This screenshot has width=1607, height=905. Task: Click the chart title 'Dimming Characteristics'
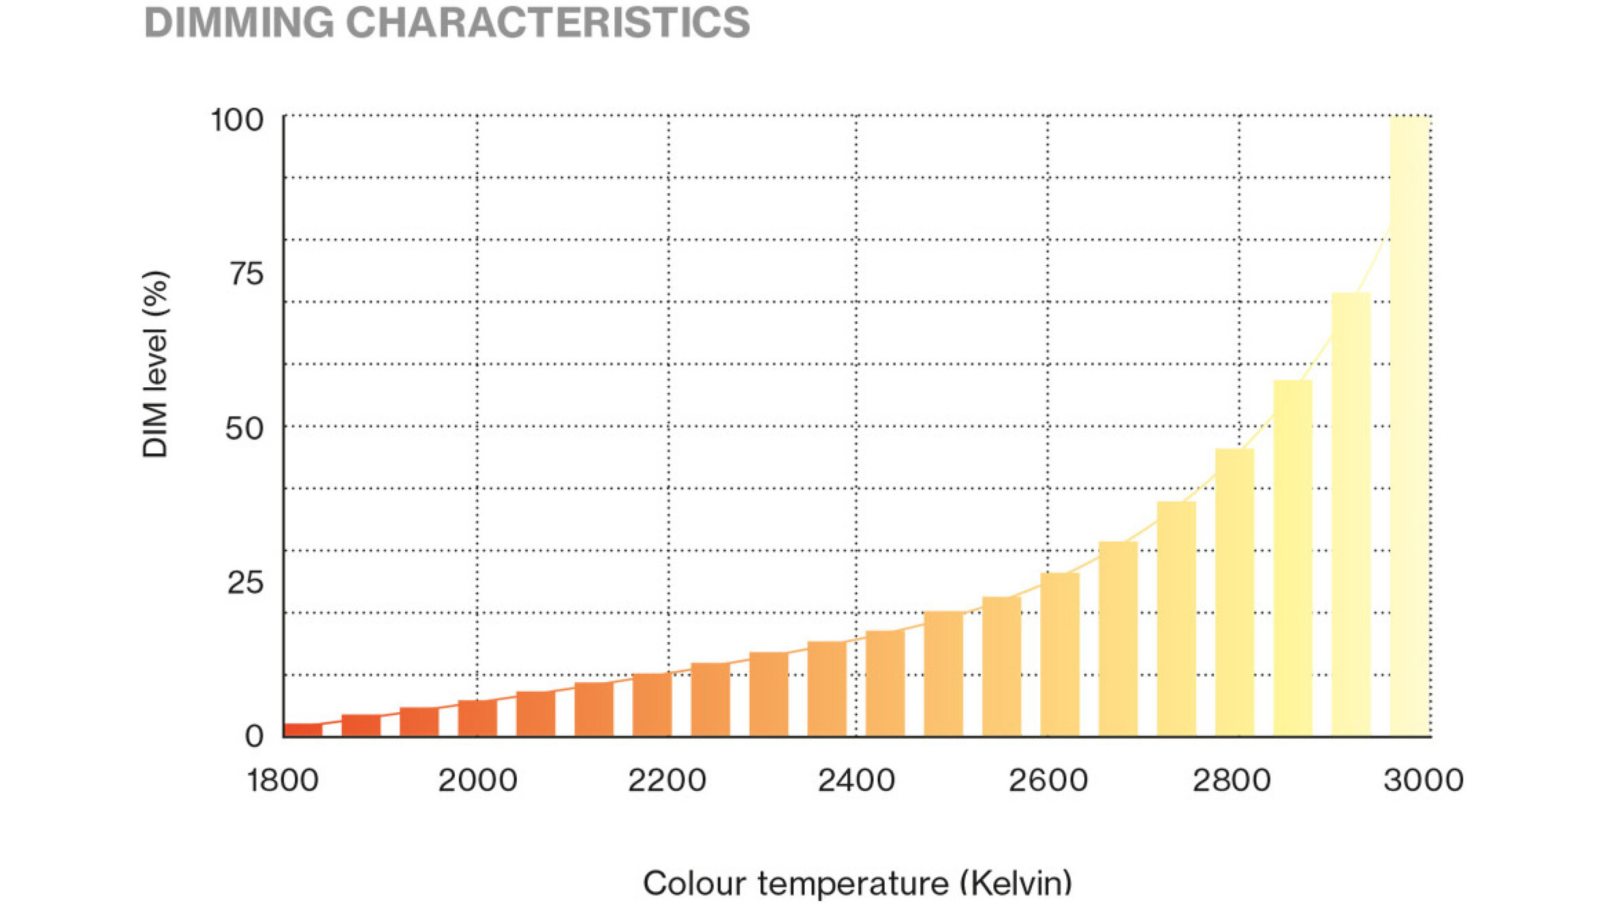coord(447,22)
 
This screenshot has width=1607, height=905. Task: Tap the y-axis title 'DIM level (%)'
coord(155,364)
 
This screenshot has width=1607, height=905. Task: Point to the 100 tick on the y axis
coord(237,120)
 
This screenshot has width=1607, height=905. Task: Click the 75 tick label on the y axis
coord(246,274)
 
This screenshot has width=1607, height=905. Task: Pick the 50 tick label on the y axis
coord(244,429)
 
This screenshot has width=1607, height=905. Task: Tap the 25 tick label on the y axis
coord(245,583)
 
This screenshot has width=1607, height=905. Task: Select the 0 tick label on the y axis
coord(254,737)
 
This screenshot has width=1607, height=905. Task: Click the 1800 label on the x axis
coord(283,781)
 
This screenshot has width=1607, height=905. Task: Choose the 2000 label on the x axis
coord(477,781)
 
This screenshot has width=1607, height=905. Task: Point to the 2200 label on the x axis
coord(667,781)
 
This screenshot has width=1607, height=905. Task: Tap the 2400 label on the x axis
coord(856,781)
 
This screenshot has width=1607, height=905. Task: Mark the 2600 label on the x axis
coord(1048,781)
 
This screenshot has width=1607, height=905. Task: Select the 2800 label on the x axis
coord(1231,781)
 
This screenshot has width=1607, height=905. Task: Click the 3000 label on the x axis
coord(1423,781)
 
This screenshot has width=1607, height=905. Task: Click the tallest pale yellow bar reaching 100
coord(1410,426)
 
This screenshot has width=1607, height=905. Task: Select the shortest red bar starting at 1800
coord(303,730)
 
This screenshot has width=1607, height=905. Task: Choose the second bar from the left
coord(361,726)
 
